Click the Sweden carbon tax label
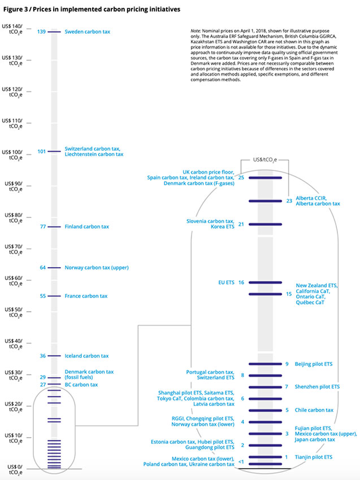pyautogui.click(x=88, y=32)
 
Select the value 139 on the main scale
pyautogui.click(x=41, y=32)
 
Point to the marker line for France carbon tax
pyautogui.click(x=54, y=296)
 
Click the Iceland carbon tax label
pyautogui.click(x=86, y=356)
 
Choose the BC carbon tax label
pyautogui.click(x=81, y=385)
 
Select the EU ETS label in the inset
pyautogui.click(x=225, y=282)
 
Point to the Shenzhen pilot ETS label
pyautogui.click(x=317, y=387)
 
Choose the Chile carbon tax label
pyautogui.click(x=314, y=410)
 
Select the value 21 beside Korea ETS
pyautogui.click(x=241, y=224)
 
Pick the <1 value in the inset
pyautogui.click(x=241, y=462)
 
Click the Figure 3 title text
pyautogui.click(x=85, y=8)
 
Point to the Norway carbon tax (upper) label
pyautogui.click(x=97, y=268)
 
